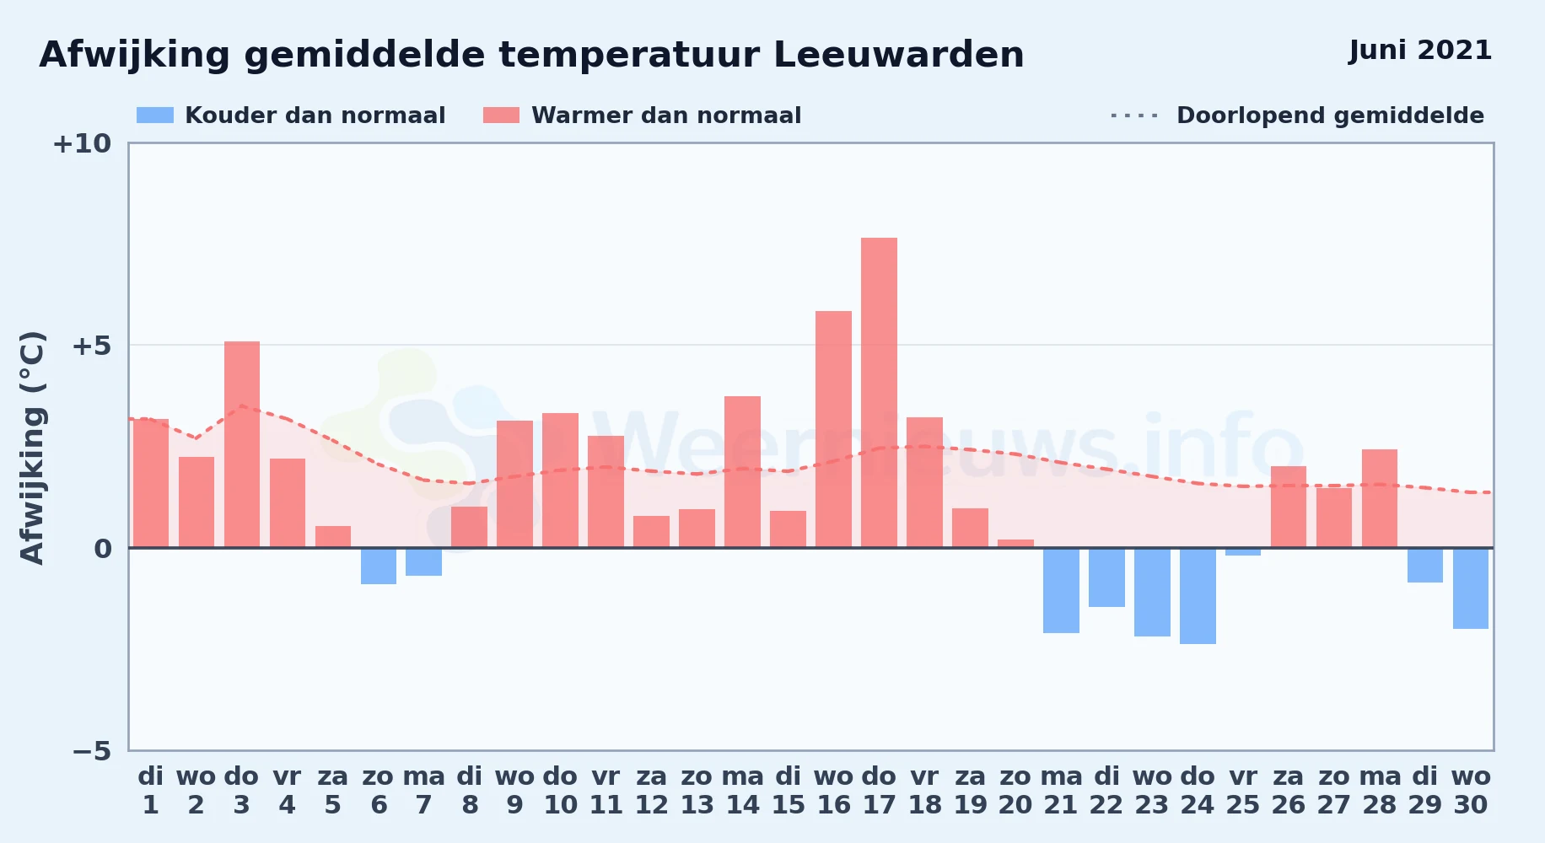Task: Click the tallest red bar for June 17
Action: click(x=879, y=393)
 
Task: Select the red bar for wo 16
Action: click(x=833, y=429)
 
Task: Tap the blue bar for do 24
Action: click(x=1198, y=596)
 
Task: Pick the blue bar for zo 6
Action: click(x=379, y=566)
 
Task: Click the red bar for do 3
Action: click(x=242, y=444)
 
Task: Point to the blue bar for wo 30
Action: click(x=1471, y=588)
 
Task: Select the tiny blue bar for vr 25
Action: click(x=1243, y=552)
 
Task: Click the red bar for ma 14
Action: click(x=742, y=472)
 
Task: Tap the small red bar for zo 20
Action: click(x=1015, y=544)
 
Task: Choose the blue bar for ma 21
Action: click(x=1061, y=590)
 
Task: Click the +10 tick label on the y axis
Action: click(x=82, y=144)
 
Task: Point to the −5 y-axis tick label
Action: click(x=92, y=751)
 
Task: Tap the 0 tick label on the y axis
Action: click(x=103, y=549)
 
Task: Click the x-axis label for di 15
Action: click(x=788, y=791)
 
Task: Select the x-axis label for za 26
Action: click(x=1289, y=791)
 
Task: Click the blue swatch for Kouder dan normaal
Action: click(x=155, y=115)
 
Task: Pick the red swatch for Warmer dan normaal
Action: click(x=501, y=115)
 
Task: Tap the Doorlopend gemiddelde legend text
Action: click(x=1330, y=115)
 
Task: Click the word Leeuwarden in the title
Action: click(x=898, y=55)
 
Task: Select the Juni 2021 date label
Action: click(x=1420, y=51)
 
